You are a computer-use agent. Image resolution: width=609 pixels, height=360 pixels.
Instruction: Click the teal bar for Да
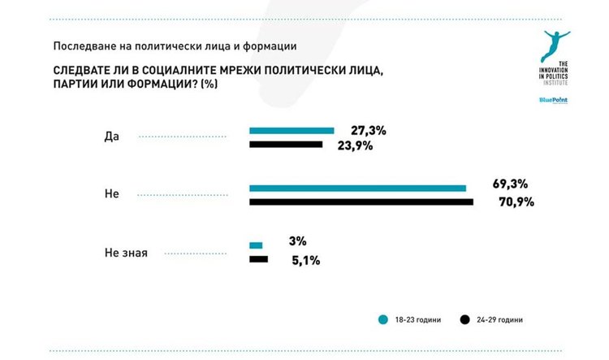pos(292,130)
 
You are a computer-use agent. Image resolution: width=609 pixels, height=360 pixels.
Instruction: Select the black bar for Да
pos(286,145)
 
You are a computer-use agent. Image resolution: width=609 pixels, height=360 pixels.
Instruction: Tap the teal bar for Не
pos(357,188)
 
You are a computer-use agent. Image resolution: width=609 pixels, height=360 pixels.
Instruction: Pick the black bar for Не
pos(361,202)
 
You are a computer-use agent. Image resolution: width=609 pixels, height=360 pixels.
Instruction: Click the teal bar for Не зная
pos(256,245)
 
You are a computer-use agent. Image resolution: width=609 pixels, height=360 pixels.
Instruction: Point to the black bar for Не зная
pos(258,259)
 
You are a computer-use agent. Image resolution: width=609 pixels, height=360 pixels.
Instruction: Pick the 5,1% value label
pos(302,260)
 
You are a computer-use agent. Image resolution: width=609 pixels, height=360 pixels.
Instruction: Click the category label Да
pos(112,137)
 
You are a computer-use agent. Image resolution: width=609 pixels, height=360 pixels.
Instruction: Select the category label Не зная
pos(126,253)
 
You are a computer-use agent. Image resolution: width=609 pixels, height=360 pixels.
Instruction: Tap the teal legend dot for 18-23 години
pos(382,319)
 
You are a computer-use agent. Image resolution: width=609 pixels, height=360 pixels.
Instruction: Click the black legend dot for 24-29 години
pos(464,319)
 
